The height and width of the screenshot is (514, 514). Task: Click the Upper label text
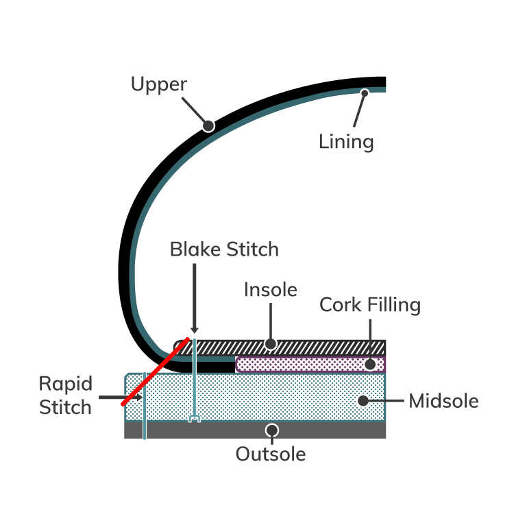[x=159, y=84]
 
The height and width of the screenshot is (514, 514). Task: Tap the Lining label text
[x=346, y=142]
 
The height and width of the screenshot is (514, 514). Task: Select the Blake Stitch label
[x=224, y=249]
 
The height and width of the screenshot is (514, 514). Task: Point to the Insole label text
[x=271, y=290]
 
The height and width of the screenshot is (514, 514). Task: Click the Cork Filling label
[x=370, y=304]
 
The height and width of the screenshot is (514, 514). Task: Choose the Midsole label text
[x=443, y=401]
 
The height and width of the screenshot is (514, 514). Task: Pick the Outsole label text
[x=271, y=454]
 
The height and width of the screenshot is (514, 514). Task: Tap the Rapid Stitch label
[x=65, y=395]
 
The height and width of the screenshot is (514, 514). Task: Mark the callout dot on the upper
[x=208, y=125]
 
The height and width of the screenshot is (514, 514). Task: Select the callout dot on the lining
[x=365, y=93]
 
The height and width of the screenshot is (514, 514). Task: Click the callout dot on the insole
[x=271, y=343]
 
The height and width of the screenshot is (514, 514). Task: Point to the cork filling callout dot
[x=370, y=364]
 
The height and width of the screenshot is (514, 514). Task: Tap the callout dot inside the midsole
[x=364, y=400]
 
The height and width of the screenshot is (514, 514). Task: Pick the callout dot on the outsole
[x=272, y=430]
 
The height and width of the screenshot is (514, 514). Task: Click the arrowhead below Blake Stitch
[x=195, y=330]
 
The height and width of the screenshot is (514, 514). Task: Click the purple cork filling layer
[x=308, y=364]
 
